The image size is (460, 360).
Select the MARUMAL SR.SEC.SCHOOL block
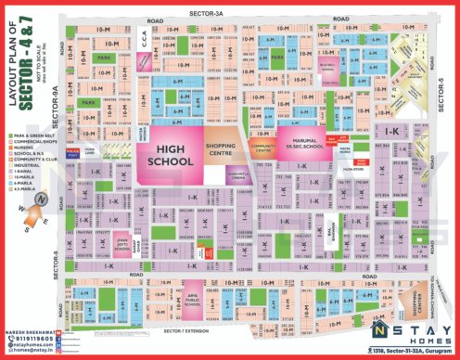coord(300,143)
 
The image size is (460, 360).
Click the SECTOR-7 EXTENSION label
coord(185,330)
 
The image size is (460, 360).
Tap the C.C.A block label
coord(144,39)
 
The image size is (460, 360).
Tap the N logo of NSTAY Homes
coord(378,330)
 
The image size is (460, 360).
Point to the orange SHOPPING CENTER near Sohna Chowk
coord(406,301)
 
